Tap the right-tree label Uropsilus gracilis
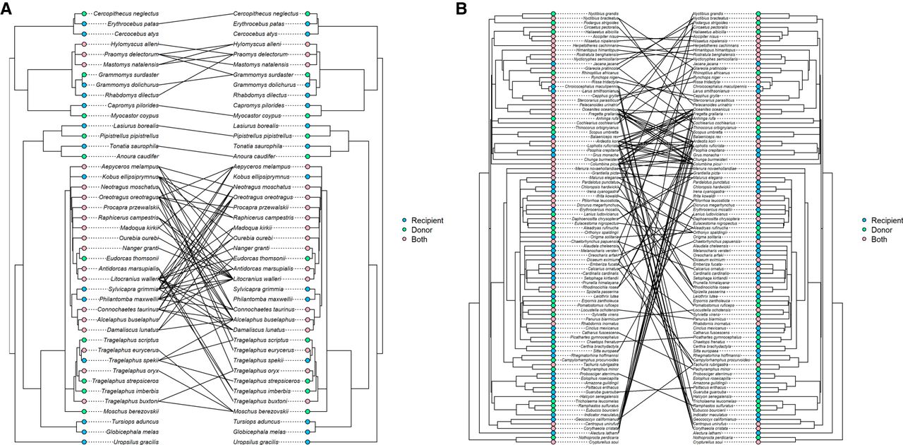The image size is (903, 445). [260, 441]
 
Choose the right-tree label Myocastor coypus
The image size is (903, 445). [257, 115]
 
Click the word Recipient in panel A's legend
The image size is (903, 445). [425, 221]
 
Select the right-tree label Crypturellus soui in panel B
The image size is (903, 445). [708, 441]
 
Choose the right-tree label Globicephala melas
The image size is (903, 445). [260, 431]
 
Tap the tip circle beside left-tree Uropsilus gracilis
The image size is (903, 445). [83, 441]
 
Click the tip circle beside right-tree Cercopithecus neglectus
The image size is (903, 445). [308, 13]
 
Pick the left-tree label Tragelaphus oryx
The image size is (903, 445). [134, 370]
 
